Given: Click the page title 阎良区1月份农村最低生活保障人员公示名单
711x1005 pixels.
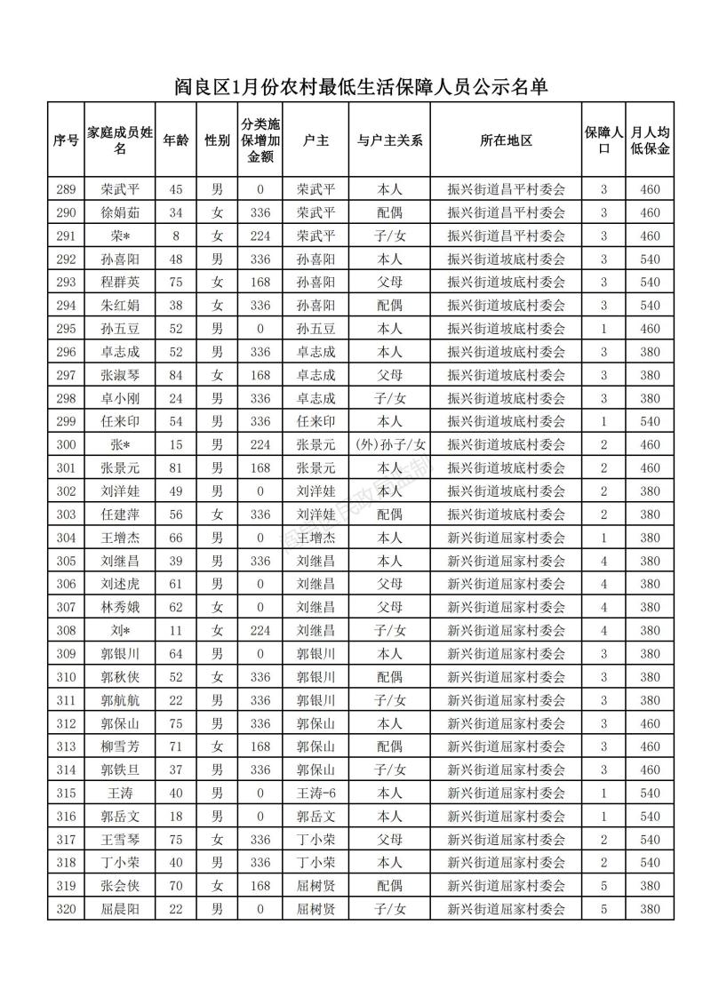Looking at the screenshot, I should click(359, 86).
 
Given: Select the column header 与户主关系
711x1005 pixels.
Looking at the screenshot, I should click(389, 140).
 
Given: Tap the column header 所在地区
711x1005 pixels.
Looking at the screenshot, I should click(506, 140).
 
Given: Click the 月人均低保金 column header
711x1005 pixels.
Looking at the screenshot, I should click(649, 140).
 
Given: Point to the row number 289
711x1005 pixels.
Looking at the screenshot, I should click(66, 189).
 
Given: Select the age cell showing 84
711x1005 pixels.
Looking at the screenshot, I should click(175, 375).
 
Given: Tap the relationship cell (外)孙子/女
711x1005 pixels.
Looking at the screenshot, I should click(389, 444).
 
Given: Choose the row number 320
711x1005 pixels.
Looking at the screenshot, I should click(66, 909).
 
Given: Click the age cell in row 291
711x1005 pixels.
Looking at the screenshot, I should click(175, 235).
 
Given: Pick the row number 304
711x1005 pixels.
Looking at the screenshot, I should click(66, 538).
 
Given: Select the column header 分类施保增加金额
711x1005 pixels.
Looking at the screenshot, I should click(260, 140).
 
